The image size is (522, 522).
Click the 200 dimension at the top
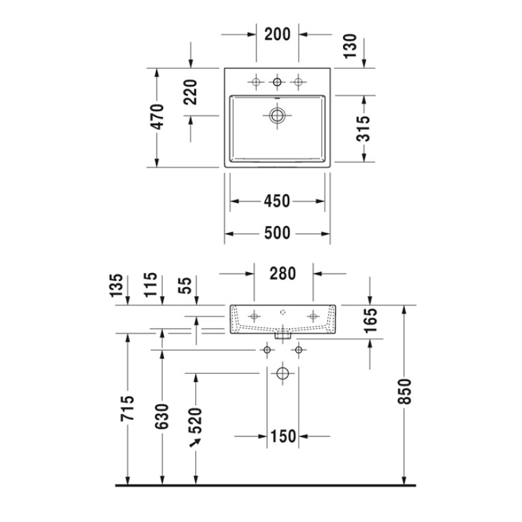[277, 34]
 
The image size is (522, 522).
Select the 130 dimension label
[350, 46]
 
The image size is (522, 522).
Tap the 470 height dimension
[157, 117]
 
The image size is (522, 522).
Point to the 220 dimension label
[191, 92]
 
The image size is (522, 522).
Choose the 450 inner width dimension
[277, 201]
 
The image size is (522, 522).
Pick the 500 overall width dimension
[277, 233]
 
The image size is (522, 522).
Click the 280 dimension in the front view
[282, 274]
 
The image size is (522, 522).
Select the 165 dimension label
[370, 321]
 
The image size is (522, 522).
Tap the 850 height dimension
[405, 391]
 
